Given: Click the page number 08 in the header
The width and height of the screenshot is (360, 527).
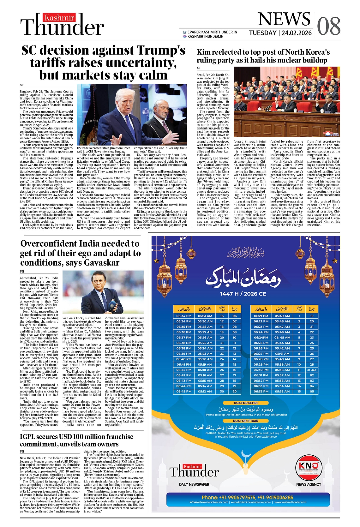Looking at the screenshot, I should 329,26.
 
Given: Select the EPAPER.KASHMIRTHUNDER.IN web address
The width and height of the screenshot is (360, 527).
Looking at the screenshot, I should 212,32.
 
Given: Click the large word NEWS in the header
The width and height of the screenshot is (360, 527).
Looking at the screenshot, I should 284,19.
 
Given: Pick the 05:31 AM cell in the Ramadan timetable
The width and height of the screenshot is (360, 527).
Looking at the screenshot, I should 205,316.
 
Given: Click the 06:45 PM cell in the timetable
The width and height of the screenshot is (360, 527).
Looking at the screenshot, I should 184,391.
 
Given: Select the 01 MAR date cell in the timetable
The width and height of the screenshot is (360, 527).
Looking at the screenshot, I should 312,370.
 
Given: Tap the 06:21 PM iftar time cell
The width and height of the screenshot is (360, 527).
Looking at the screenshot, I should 261,316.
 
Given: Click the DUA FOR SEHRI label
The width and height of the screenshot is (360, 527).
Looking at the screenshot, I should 245,403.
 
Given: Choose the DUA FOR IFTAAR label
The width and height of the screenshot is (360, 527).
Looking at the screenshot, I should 245,421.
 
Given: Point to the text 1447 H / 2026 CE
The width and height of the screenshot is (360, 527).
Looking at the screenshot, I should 243,294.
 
